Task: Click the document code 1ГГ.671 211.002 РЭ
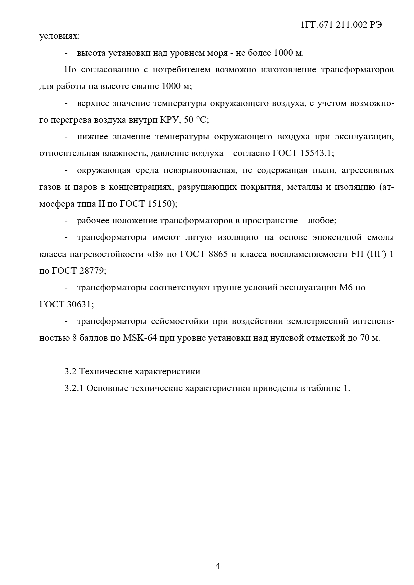point(341,25)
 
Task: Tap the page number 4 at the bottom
point(218,566)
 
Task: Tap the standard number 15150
point(160,204)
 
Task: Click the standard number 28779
point(92,271)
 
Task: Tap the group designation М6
point(346,288)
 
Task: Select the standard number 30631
point(79,304)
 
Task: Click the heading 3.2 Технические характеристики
point(132,371)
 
